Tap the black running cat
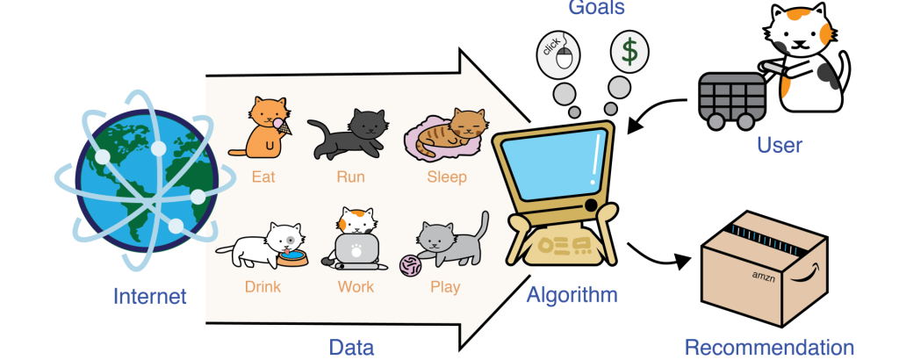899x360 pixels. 348,133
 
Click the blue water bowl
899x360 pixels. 291,258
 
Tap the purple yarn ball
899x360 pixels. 411,265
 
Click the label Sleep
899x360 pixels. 447,176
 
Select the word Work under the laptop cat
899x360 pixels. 356,286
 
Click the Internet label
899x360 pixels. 149,297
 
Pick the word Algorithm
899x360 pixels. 572,295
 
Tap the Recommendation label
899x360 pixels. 769,348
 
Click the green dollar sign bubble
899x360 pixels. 629,51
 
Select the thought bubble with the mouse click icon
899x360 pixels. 557,56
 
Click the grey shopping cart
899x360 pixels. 731,98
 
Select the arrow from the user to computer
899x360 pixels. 653,111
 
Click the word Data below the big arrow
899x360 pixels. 351,348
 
